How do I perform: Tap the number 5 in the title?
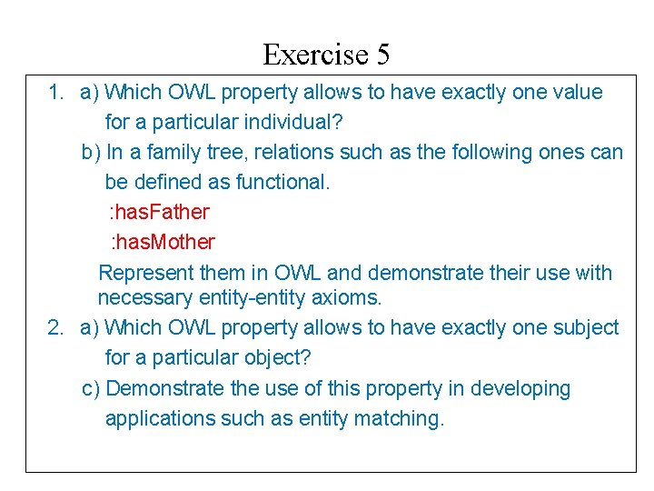(x=382, y=55)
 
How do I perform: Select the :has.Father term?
(x=159, y=212)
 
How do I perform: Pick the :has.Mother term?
(x=162, y=242)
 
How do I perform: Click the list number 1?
(x=55, y=92)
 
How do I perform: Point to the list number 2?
(x=55, y=327)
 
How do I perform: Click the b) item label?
(x=91, y=152)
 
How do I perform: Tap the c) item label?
(x=91, y=388)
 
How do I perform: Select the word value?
(x=575, y=92)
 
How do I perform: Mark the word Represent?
(x=146, y=273)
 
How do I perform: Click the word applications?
(x=159, y=418)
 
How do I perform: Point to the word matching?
(x=406, y=418)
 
